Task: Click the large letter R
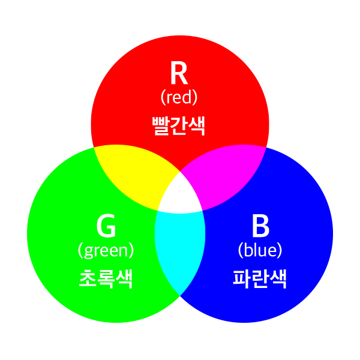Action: point(179,74)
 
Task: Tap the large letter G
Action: point(106,227)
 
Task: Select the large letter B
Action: point(260,227)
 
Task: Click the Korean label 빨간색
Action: point(179,126)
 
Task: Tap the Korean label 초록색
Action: point(106,278)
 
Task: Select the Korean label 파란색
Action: point(260,278)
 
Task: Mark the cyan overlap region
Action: point(179,246)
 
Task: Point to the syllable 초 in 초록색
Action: point(88,278)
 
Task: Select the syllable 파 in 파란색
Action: point(242,278)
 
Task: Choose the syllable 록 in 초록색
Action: point(106,278)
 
